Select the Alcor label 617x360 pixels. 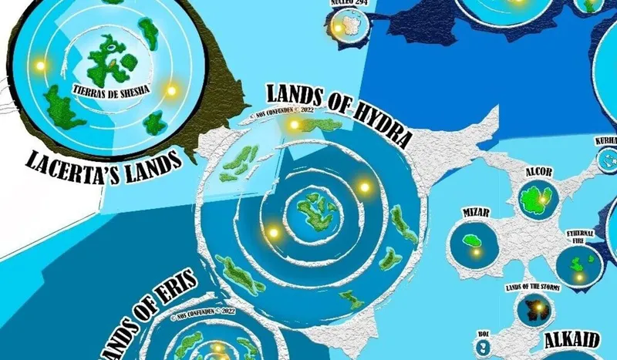tap(538, 171)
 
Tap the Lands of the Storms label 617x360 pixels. tap(532, 287)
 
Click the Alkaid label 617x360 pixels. tap(574, 340)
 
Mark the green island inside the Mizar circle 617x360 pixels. tap(470, 241)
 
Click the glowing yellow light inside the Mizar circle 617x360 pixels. tap(477, 251)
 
